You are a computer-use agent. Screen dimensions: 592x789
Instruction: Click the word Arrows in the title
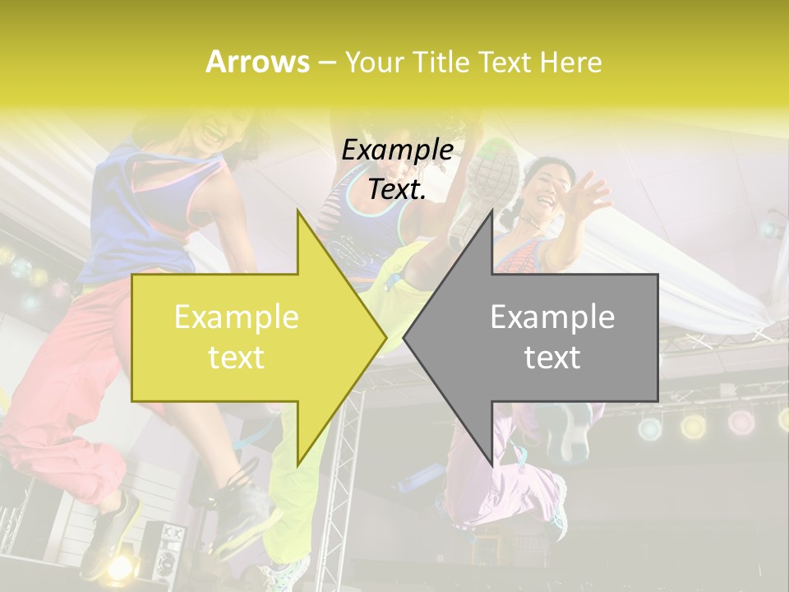[x=258, y=62]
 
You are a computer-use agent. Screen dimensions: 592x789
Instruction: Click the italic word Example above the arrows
[x=398, y=150]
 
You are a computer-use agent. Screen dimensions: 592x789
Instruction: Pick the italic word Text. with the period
[x=398, y=190]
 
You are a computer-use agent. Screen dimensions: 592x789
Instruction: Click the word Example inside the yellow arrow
[x=236, y=317]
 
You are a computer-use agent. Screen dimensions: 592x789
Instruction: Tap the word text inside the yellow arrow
[x=236, y=358]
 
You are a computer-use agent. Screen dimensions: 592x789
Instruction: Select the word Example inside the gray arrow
[x=552, y=317]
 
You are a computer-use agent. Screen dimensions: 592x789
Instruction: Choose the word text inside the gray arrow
[x=552, y=358]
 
